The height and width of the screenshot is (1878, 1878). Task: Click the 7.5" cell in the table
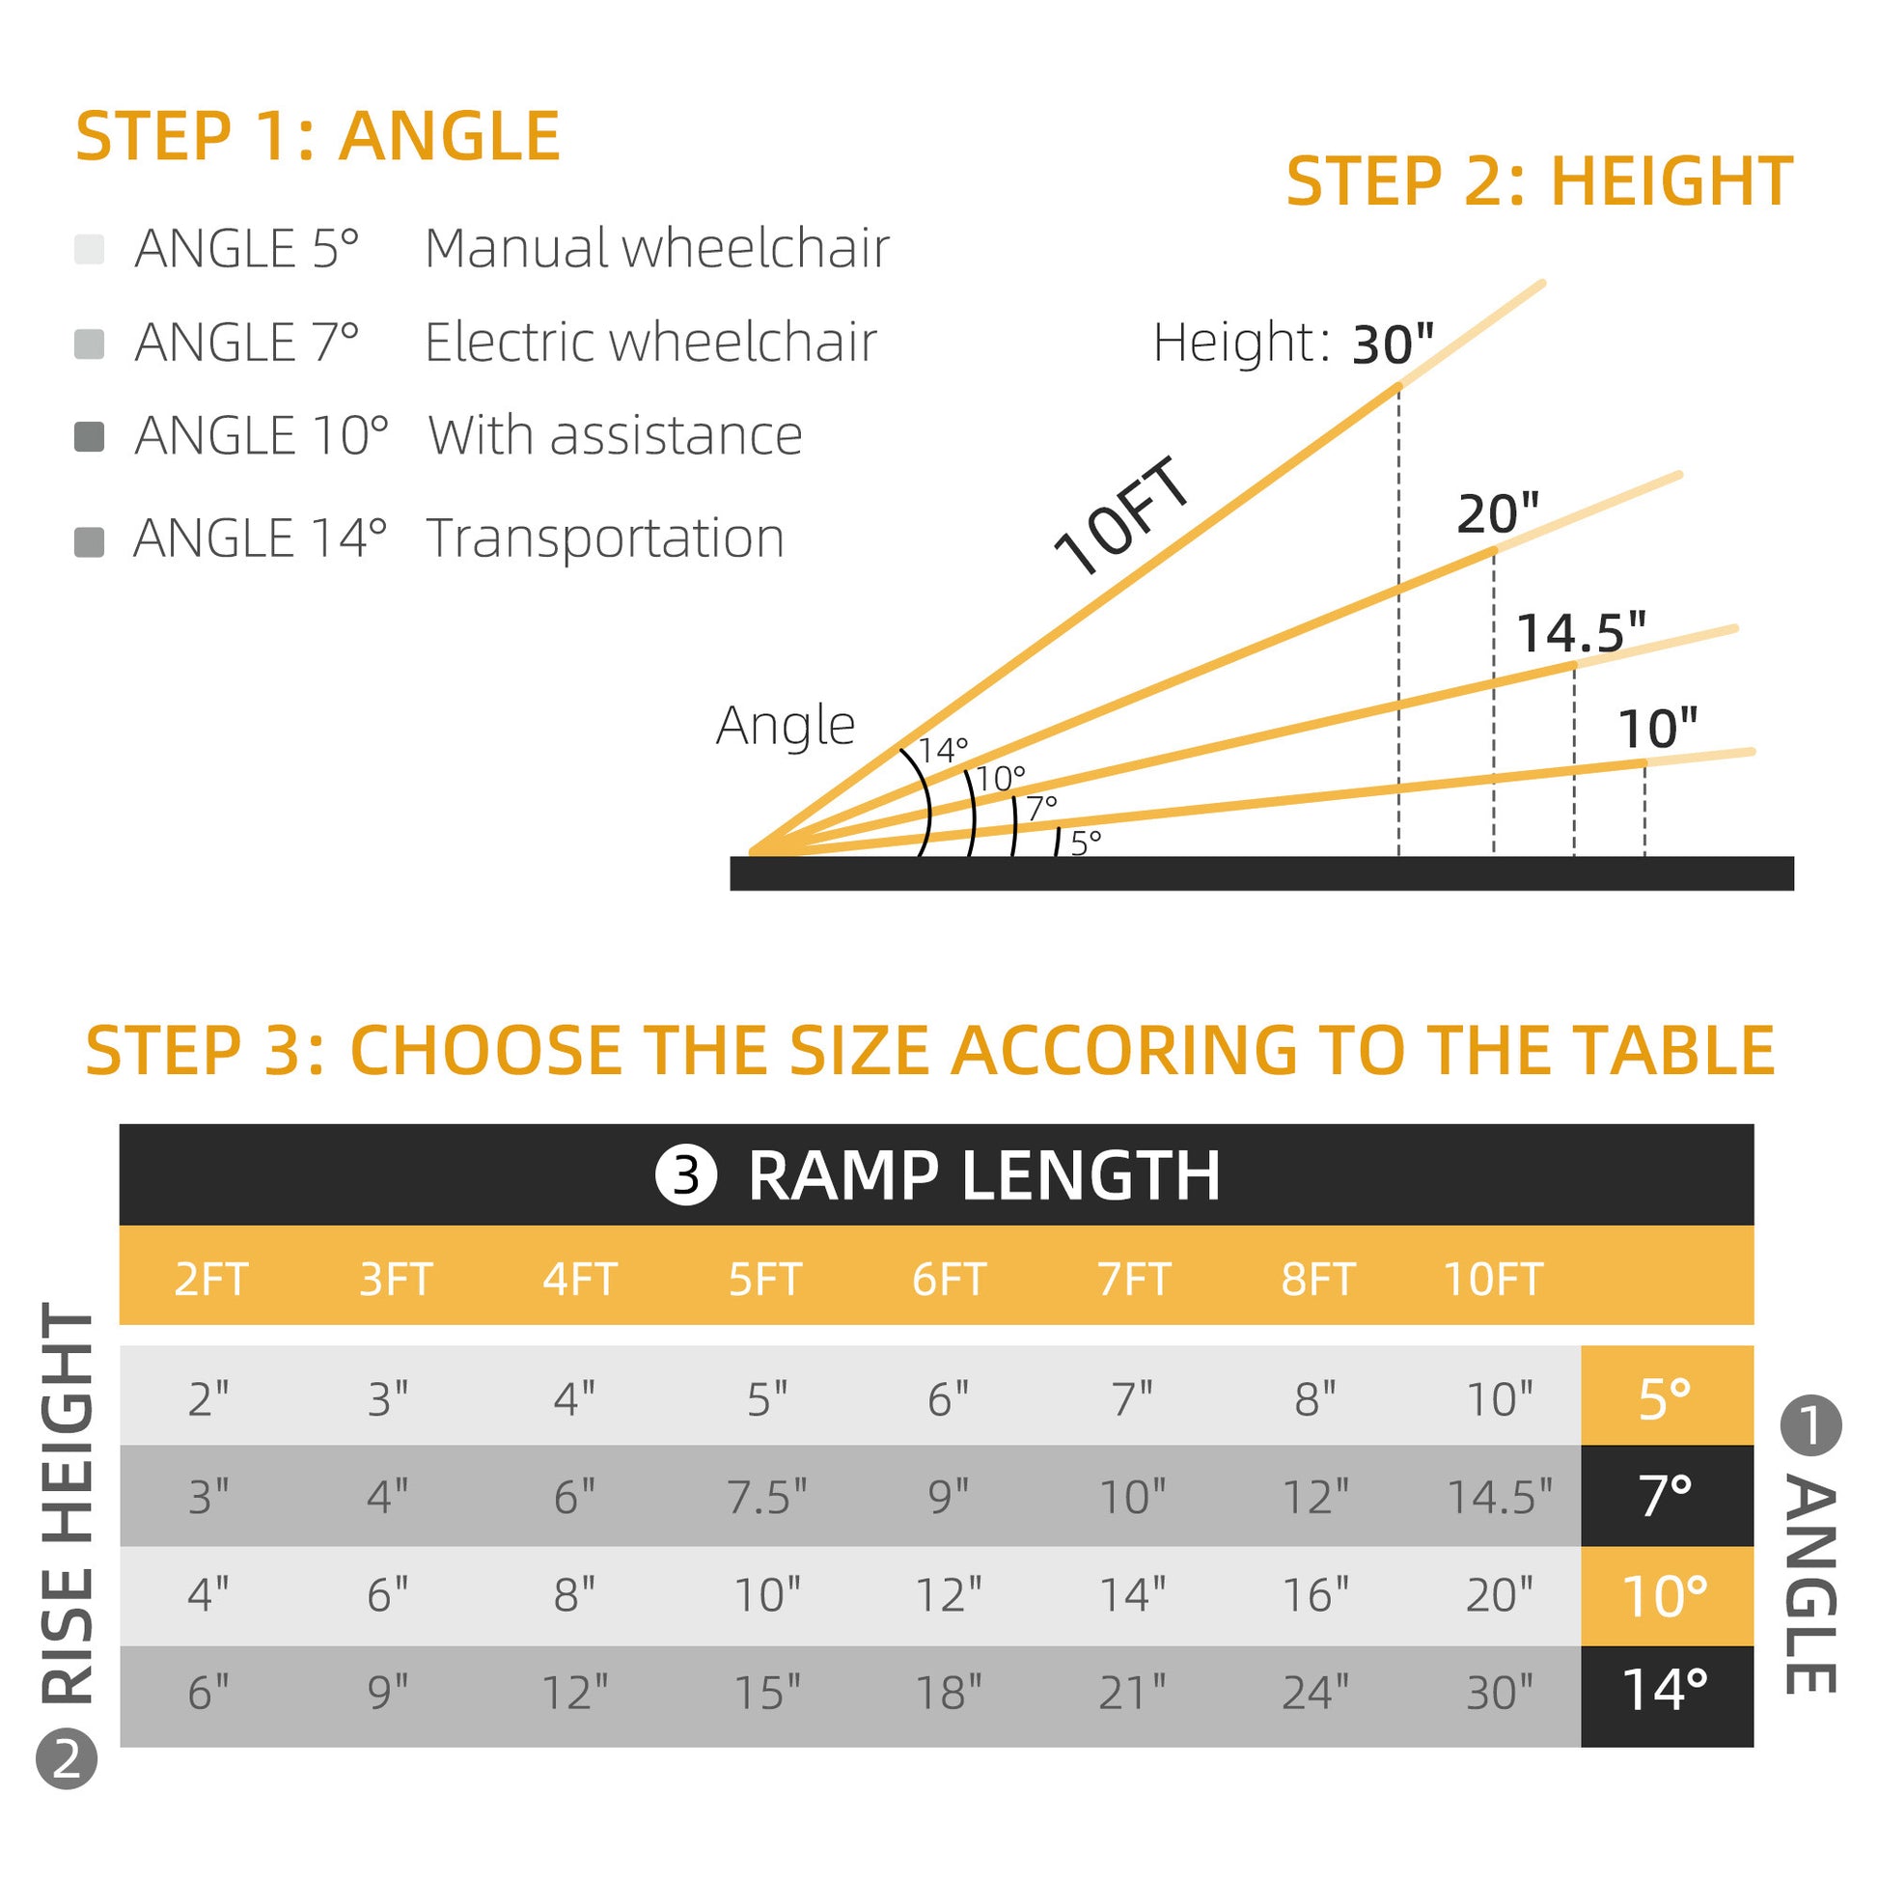point(767,1497)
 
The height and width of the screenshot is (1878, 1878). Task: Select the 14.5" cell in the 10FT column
point(1499,1497)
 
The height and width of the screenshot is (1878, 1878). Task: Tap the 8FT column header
point(1317,1280)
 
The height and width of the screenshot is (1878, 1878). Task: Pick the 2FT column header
point(211,1280)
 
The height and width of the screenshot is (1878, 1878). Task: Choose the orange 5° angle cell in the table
point(1665,1398)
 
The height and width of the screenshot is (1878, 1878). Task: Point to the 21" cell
point(1132,1693)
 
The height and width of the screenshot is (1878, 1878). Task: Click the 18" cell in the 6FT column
point(949,1693)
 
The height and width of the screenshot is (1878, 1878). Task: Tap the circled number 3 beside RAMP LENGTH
point(686,1175)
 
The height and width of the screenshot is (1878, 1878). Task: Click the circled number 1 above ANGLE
point(1809,1427)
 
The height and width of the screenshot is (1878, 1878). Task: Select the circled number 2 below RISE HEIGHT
point(66,1785)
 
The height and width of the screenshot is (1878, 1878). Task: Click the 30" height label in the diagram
point(1393,345)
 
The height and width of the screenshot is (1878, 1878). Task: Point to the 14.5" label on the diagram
point(1582,633)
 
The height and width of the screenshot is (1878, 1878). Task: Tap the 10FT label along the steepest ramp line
point(1122,517)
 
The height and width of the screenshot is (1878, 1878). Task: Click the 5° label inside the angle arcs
point(1086,842)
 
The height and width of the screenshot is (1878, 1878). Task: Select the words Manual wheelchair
point(656,248)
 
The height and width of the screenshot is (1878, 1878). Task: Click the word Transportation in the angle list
point(605,538)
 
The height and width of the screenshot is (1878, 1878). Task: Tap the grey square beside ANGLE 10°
point(90,436)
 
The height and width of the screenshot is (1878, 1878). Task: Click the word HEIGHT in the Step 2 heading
point(1671,181)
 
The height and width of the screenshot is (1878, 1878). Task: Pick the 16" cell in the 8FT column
point(1315,1595)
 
